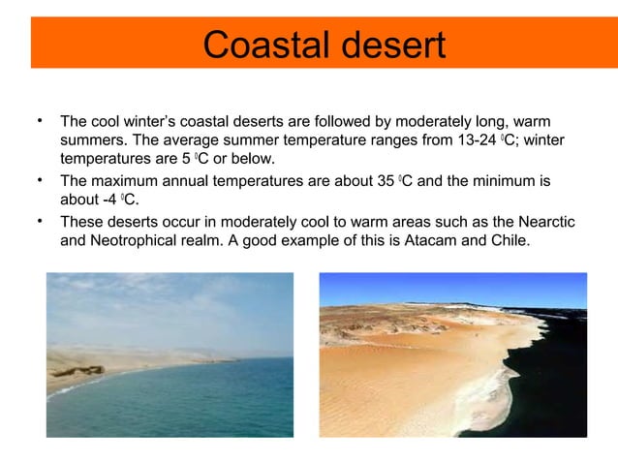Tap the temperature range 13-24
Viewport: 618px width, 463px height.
click(x=465, y=140)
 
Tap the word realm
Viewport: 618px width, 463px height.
click(x=204, y=240)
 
